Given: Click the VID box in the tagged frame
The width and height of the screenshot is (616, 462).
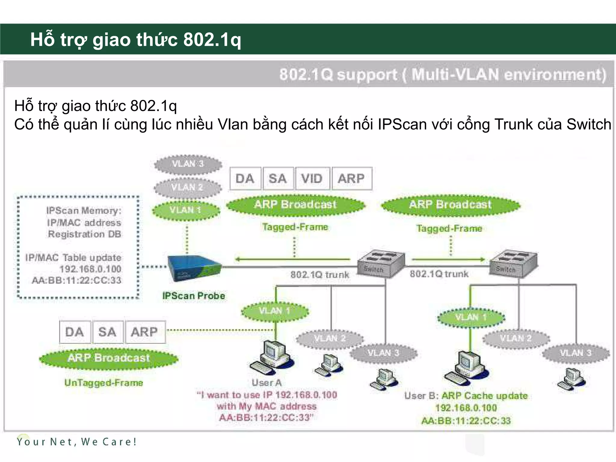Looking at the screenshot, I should tap(312, 179).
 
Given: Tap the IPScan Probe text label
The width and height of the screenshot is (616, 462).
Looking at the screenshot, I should tap(193, 296).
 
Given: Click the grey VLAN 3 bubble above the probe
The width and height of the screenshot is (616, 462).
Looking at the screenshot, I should tap(188, 164).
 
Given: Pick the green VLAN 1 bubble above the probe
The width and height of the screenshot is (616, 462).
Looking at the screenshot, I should tap(186, 210).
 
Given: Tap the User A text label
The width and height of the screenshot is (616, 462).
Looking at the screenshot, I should tap(266, 383).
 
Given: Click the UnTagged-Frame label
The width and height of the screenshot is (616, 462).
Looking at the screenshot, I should tap(104, 383).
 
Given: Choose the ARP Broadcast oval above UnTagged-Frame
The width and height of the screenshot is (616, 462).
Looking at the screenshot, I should tap(109, 358).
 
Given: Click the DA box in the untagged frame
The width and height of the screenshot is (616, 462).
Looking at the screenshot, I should tap(75, 332).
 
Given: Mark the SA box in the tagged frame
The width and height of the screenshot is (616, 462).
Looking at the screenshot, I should tap(278, 179).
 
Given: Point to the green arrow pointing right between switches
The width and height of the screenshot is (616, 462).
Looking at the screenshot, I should tap(448, 259).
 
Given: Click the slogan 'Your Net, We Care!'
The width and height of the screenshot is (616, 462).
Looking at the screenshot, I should tap(77, 442).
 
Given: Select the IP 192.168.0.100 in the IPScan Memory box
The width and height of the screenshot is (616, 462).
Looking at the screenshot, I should tap(90, 269).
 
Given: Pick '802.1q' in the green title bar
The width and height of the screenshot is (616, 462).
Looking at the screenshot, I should tap(212, 39).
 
